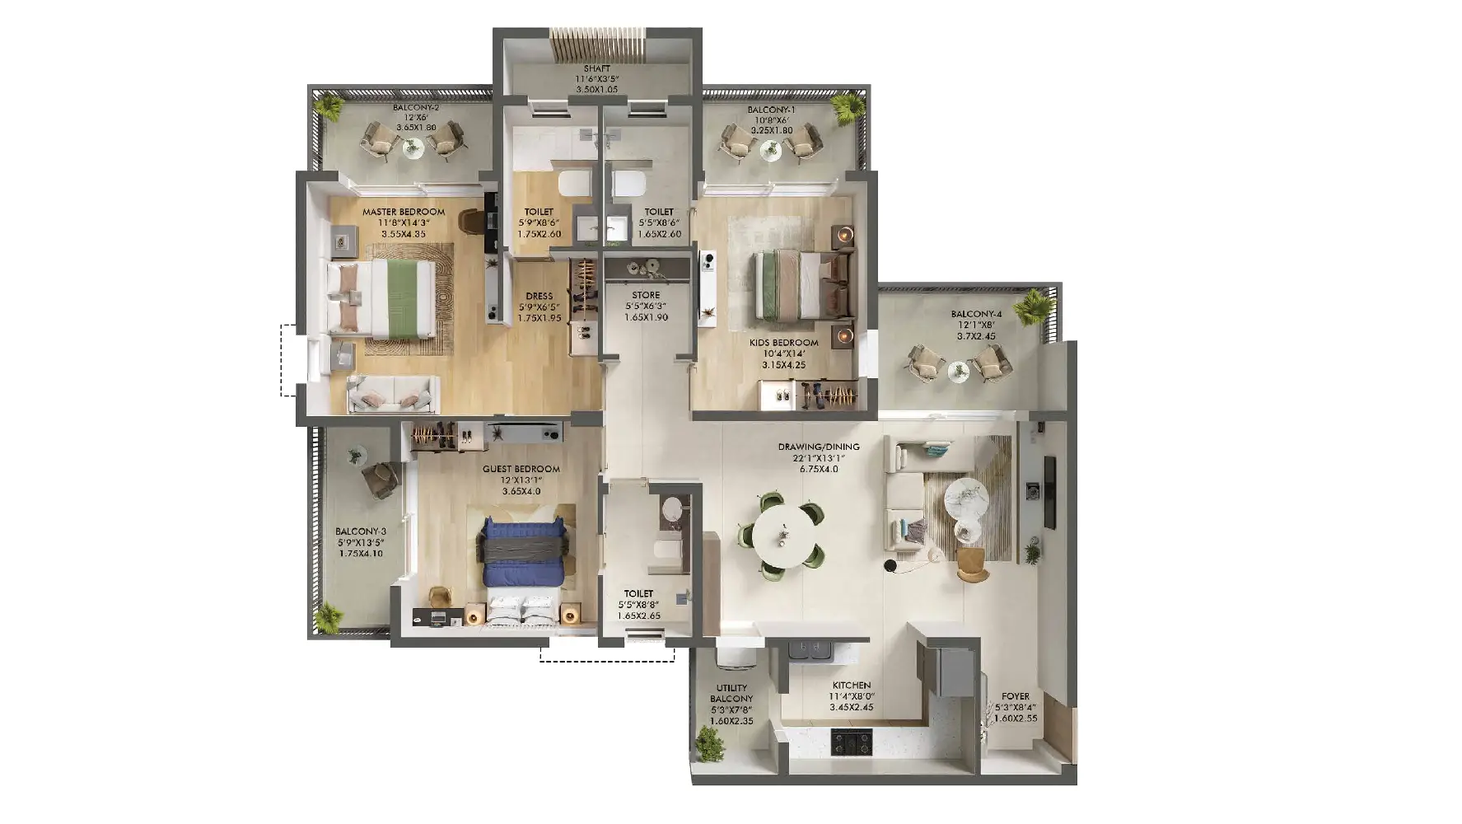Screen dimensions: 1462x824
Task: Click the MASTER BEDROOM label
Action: [404, 212]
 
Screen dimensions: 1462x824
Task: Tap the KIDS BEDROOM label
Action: [784, 343]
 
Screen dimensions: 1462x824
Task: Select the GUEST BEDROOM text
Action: [521, 469]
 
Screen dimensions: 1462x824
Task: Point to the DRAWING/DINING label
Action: [819, 447]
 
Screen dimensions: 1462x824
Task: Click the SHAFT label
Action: [597, 68]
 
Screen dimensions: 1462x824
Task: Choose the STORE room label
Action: [646, 295]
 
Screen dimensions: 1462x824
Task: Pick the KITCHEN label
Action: [852, 686]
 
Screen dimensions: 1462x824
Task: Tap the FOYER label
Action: [1016, 696]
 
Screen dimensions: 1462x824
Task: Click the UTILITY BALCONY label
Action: [731, 694]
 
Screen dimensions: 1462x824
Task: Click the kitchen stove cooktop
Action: [852, 742]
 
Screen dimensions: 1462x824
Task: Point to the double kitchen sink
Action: [812, 650]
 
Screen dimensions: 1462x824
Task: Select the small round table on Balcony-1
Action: [769, 149]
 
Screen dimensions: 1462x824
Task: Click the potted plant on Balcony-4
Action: [1032, 308]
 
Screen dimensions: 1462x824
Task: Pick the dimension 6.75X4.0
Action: [819, 469]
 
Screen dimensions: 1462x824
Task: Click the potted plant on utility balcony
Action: [709, 744]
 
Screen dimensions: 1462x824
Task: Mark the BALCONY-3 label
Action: [361, 531]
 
